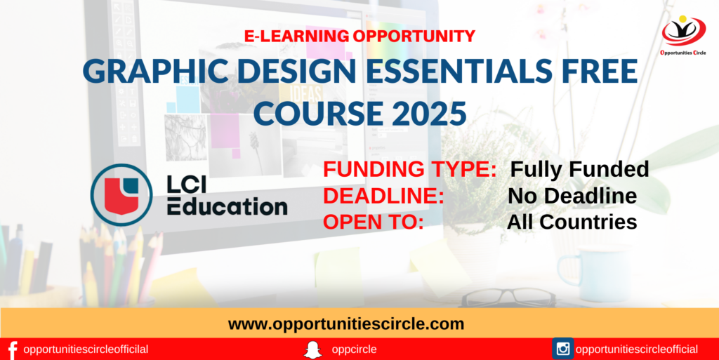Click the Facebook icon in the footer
(x=11, y=349)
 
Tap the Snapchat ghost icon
(x=312, y=349)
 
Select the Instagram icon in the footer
(x=562, y=349)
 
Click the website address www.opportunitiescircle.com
(x=346, y=324)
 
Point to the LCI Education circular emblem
(x=121, y=194)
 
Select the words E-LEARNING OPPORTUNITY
(x=359, y=36)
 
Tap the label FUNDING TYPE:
(x=410, y=169)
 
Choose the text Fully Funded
(x=579, y=169)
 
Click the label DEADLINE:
(x=383, y=196)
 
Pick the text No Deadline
(x=572, y=196)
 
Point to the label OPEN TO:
(x=373, y=222)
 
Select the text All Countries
(x=572, y=222)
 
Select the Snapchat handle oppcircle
(x=353, y=349)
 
